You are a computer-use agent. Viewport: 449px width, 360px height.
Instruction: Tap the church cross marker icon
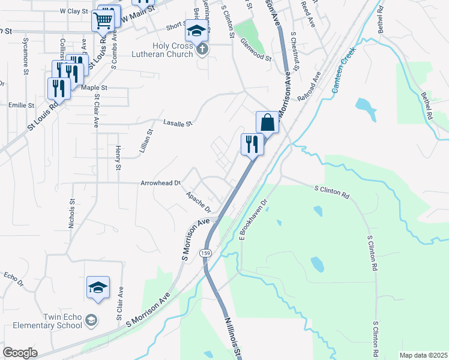(x=202, y=49)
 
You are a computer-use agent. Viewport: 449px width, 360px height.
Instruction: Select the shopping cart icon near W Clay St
(x=103, y=20)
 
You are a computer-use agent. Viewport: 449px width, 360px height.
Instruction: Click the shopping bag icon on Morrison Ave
(x=268, y=122)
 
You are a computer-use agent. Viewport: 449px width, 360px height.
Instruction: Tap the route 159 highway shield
(x=205, y=253)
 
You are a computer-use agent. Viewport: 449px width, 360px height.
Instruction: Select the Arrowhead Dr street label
(x=160, y=182)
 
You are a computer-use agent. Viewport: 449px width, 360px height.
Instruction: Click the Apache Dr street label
(x=198, y=202)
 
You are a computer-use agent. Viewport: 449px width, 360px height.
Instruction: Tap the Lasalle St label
(x=177, y=124)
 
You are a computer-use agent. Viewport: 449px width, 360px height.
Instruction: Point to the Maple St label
(x=94, y=88)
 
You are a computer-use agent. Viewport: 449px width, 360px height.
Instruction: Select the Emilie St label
(x=22, y=106)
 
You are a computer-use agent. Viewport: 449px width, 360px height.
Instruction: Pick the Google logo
(x=20, y=353)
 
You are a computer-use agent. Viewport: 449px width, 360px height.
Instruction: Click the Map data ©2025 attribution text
(x=423, y=355)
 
